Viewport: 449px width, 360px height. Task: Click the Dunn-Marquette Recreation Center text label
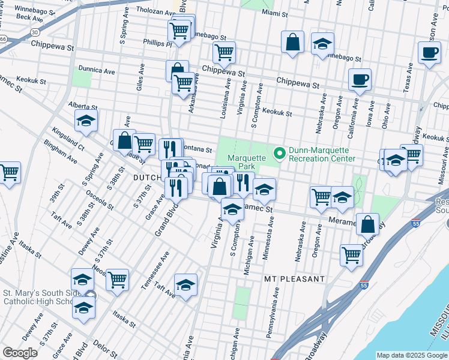(322, 154)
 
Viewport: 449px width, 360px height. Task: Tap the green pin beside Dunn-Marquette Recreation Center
(279, 154)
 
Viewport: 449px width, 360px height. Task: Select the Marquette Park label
(246, 162)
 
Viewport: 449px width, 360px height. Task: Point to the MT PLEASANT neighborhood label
(294, 280)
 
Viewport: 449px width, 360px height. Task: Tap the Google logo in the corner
(20, 353)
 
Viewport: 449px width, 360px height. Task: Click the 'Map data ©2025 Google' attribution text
(412, 355)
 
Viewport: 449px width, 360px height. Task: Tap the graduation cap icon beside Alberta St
(86, 120)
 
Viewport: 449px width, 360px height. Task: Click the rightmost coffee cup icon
(429, 52)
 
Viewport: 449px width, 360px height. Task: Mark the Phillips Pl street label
(157, 43)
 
